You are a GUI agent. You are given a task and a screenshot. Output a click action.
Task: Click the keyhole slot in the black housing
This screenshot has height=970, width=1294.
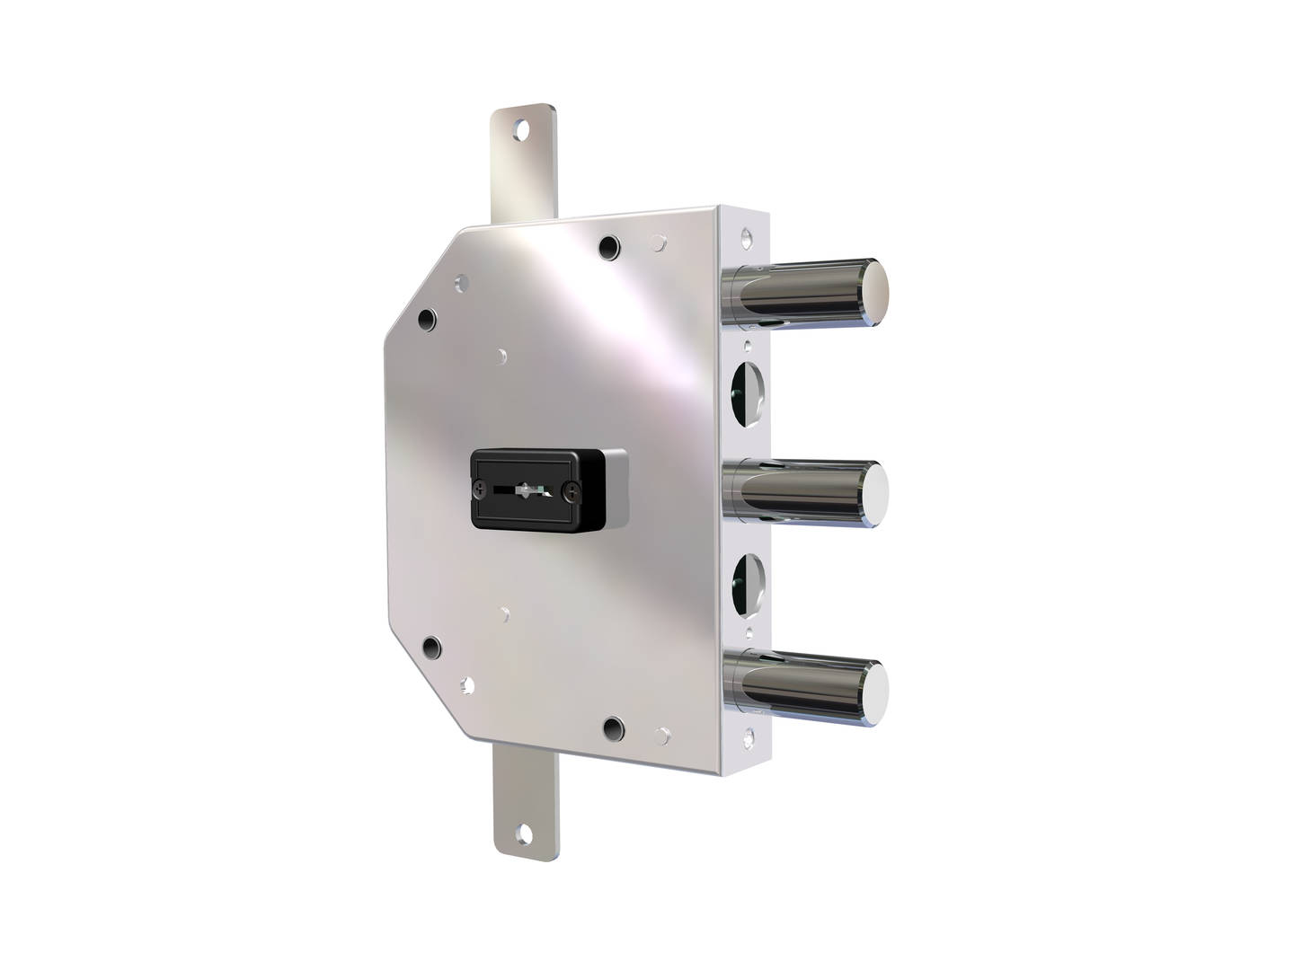(x=524, y=489)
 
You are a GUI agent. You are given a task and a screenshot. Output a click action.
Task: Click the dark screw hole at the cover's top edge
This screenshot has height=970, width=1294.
(x=609, y=245)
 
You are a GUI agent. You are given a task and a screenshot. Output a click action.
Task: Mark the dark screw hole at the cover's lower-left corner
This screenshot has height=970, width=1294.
(x=431, y=645)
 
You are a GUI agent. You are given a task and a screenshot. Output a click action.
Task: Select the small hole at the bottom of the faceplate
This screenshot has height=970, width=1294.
(x=745, y=738)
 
